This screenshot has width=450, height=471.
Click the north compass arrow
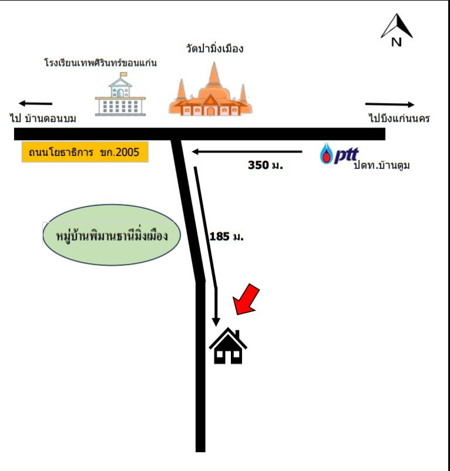pyautogui.click(x=397, y=26)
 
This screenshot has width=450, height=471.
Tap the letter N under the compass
pyautogui.click(x=396, y=42)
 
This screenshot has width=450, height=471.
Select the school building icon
pyautogui.click(x=120, y=94)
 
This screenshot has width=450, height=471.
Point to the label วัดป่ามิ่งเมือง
pyautogui.click(x=214, y=48)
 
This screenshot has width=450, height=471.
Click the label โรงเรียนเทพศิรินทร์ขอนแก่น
pyautogui.click(x=100, y=62)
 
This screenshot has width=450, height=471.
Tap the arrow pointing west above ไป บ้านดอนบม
pyautogui.click(x=35, y=104)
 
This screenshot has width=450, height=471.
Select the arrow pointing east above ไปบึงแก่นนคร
pyautogui.click(x=390, y=104)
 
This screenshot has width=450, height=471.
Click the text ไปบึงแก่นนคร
pyautogui.click(x=399, y=118)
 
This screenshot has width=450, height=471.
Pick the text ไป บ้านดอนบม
pyautogui.click(x=43, y=118)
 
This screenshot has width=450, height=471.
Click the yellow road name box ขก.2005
pyautogui.click(x=85, y=152)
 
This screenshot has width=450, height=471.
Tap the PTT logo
pyautogui.click(x=339, y=154)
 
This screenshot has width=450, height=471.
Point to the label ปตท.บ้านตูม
pyautogui.click(x=382, y=165)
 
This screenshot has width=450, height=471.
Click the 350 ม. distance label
pyautogui.click(x=266, y=165)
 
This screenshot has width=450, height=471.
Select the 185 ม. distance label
pyautogui.click(x=226, y=237)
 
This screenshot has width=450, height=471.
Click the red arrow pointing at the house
pyautogui.click(x=246, y=300)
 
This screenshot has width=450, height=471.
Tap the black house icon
pyautogui.click(x=228, y=346)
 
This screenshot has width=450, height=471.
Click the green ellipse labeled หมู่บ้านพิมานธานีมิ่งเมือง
pyautogui.click(x=111, y=235)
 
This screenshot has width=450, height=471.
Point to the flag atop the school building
pyautogui.click(x=123, y=74)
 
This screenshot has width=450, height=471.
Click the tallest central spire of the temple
pyautogui.click(x=214, y=74)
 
